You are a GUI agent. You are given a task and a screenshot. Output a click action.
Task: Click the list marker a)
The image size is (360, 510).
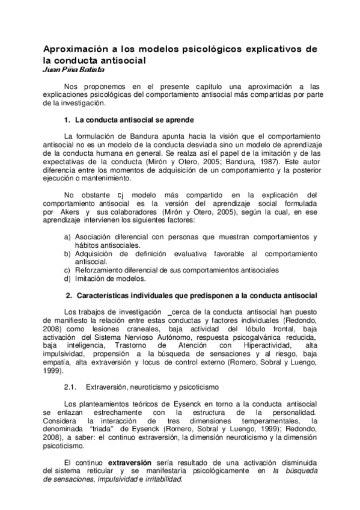(x=67, y=237)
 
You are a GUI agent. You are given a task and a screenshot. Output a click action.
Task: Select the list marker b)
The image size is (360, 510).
(x=67, y=254)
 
